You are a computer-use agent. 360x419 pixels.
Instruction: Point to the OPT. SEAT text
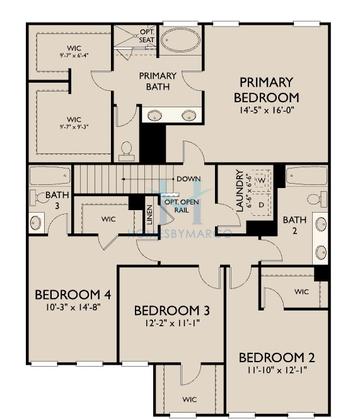tap(146, 37)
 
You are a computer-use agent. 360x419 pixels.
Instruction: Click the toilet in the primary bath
tap(127, 150)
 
